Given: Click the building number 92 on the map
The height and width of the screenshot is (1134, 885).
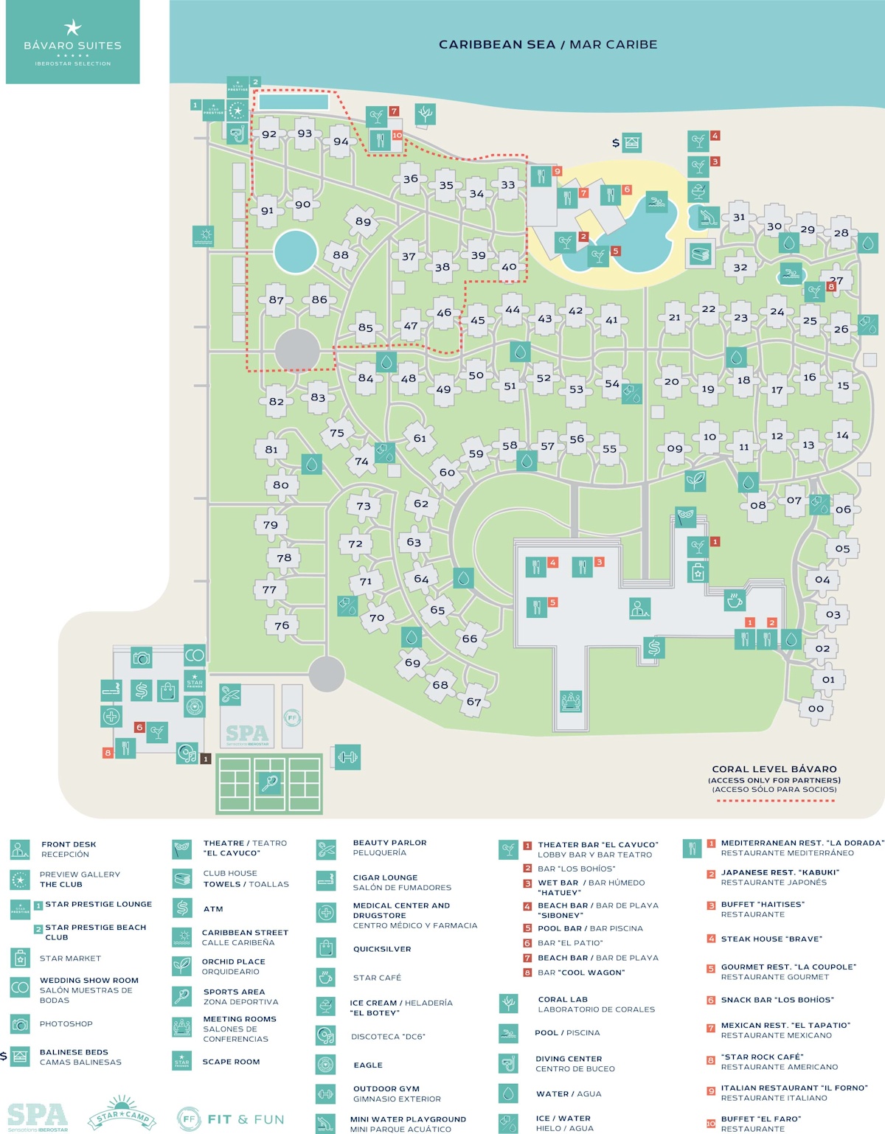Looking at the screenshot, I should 269,134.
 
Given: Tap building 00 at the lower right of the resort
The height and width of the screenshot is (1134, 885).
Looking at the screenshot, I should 815,709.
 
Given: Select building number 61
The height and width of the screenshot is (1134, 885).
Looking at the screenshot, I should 420,438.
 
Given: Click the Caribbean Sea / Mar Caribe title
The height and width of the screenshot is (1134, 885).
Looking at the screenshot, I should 548,44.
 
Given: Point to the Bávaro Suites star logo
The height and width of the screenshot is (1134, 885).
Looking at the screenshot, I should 72,28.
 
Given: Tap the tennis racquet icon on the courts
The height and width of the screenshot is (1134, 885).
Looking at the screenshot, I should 269,783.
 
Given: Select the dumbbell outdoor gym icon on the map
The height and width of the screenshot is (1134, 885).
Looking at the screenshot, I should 347,756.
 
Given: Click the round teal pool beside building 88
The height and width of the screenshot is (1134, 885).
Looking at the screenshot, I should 296,251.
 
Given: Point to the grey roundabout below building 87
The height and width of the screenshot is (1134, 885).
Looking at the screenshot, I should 297,349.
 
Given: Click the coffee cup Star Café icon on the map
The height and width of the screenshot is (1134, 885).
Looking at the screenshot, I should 735,600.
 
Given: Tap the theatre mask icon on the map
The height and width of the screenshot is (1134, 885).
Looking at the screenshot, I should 686,516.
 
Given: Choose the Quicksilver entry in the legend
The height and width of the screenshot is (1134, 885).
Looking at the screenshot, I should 382,949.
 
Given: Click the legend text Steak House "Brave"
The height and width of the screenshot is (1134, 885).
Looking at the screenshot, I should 771,939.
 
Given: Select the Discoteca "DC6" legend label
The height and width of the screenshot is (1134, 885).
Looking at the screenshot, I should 388,1036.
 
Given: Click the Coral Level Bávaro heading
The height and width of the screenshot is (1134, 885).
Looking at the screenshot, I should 774,768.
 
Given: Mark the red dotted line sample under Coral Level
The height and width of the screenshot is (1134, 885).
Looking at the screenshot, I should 774,800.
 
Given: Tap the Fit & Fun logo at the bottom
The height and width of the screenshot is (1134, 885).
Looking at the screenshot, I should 231,1119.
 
